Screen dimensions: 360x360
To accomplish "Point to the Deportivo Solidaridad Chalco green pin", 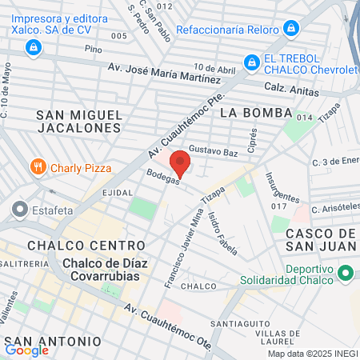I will pos(346,273).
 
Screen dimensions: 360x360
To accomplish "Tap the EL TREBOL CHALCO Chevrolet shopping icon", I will pos(251,61).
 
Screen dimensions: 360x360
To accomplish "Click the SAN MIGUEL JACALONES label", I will pos(79,121).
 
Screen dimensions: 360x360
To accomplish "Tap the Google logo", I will pos(26,350).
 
